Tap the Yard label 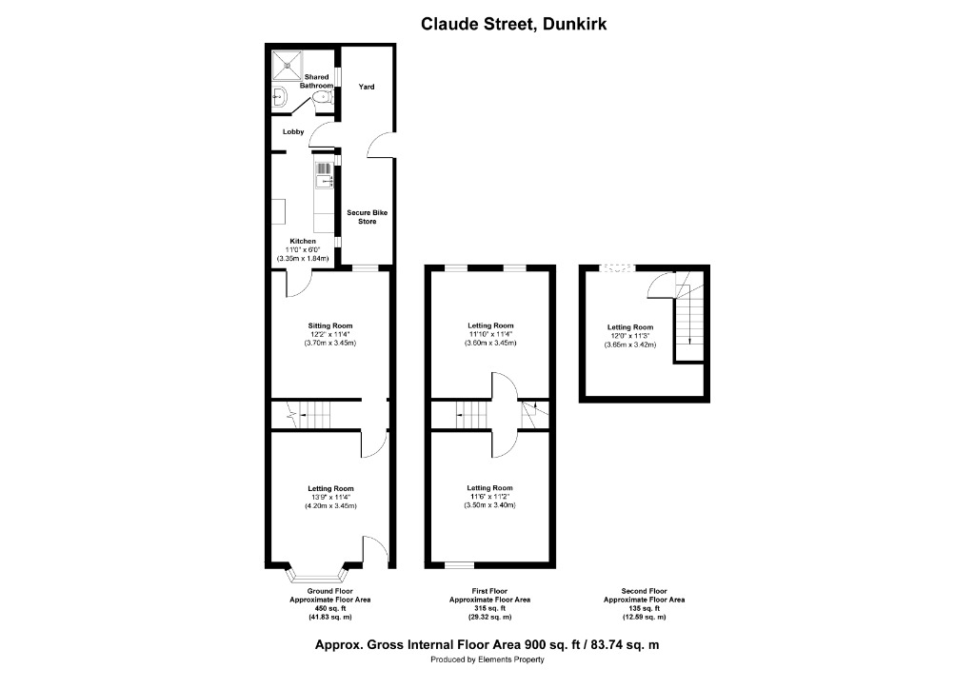(x=366, y=87)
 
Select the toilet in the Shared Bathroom (x=326, y=96)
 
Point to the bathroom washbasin (x=281, y=97)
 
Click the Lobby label (x=293, y=132)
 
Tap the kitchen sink (x=322, y=175)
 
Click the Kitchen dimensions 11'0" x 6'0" (x=303, y=249)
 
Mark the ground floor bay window (x=316, y=575)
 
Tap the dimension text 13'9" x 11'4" (x=330, y=498)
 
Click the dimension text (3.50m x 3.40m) (x=489, y=505)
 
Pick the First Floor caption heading (x=489, y=591)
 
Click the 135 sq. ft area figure (x=644, y=609)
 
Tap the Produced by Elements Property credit (x=487, y=659)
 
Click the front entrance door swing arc (x=376, y=547)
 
